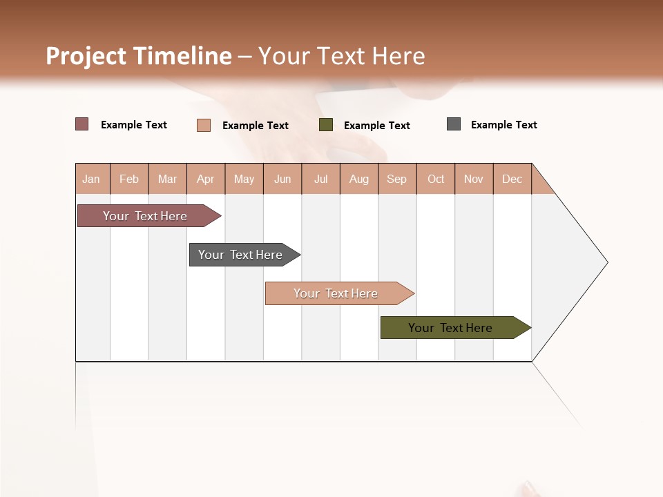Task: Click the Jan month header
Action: (91, 179)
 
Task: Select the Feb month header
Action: (129, 179)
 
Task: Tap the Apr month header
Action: (206, 179)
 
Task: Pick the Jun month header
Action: (282, 179)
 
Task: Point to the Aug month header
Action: (359, 179)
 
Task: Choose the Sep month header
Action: (397, 179)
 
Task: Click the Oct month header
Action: (436, 179)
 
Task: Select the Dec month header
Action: (512, 179)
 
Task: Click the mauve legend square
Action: (82, 124)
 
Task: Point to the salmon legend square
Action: (204, 125)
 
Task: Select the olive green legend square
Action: (326, 125)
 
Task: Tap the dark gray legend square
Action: (454, 124)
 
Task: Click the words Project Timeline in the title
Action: (138, 56)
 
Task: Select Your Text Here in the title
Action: (341, 56)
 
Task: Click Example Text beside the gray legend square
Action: (503, 125)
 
